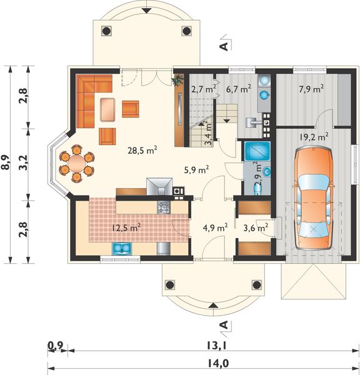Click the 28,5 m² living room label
tap(142, 151)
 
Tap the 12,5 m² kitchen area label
tap(126, 227)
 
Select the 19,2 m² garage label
tap(314, 137)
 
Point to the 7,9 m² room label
tap(311, 89)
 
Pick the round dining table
tap(76, 164)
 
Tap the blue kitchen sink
tap(121, 249)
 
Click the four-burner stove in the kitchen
tap(164, 207)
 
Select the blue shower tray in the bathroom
tap(257, 151)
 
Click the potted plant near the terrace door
tap(177, 81)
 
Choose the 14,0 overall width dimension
tap(217, 363)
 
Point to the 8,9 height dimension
tap(5, 162)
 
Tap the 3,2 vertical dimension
tap(23, 162)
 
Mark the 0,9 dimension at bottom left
tap(56, 345)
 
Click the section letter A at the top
tap(224, 47)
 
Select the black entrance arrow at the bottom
tap(213, 305)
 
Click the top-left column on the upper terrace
tap(106, 31)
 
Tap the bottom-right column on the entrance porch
tap(257, 285)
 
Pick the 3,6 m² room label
tap(256, 227)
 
